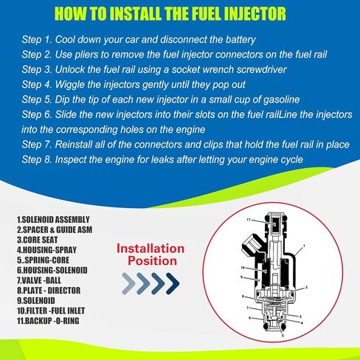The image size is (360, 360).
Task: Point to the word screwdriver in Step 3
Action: point(261,69)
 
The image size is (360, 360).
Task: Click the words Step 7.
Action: point(37,145)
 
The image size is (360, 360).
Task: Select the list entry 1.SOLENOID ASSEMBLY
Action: point(53,220)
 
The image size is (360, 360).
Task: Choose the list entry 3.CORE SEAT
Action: point(38,240)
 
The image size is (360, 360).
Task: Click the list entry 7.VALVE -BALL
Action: point(39,280)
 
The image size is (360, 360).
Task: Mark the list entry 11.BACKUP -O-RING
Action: point(48,321)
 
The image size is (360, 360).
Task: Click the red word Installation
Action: point(150,249)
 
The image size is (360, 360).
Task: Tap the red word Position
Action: point(153,261)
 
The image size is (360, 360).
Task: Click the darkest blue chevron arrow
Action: point(173,283)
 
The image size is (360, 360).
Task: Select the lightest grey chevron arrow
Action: point(129,283)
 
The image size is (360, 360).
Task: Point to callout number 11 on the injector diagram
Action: point(249,220)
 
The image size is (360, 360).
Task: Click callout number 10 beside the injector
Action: point(243,268)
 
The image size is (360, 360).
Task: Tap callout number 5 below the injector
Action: point(283,335)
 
